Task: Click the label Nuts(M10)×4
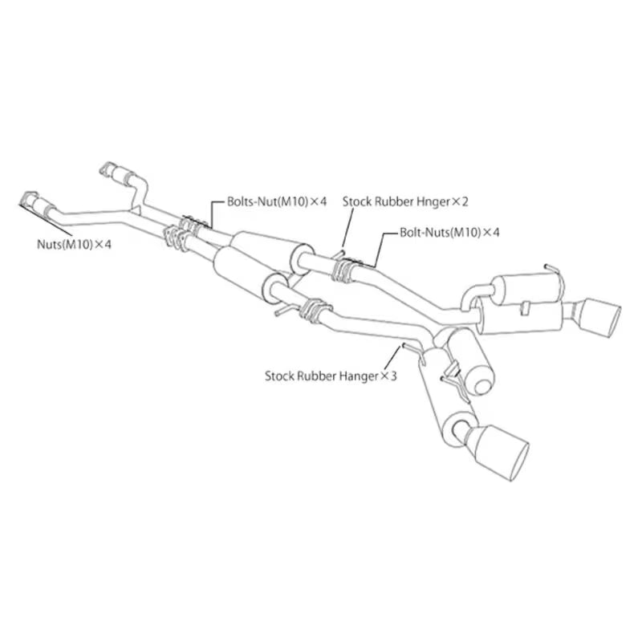(x=74, y=245)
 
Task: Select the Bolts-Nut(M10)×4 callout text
(x=277, y=201)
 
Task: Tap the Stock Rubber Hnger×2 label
(x=405, y=201)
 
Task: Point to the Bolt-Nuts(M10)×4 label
(x=449, y=232)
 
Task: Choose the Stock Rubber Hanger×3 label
(x=331, y=376)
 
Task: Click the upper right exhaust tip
(x=600, y=318)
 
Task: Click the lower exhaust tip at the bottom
(x=502, y=453)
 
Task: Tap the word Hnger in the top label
(x=433, y=202)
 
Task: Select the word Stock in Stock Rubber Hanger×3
(x=279, y=376)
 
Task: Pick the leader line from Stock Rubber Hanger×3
(x=392, y=357)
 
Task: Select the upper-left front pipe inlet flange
(x=109, y=169)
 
